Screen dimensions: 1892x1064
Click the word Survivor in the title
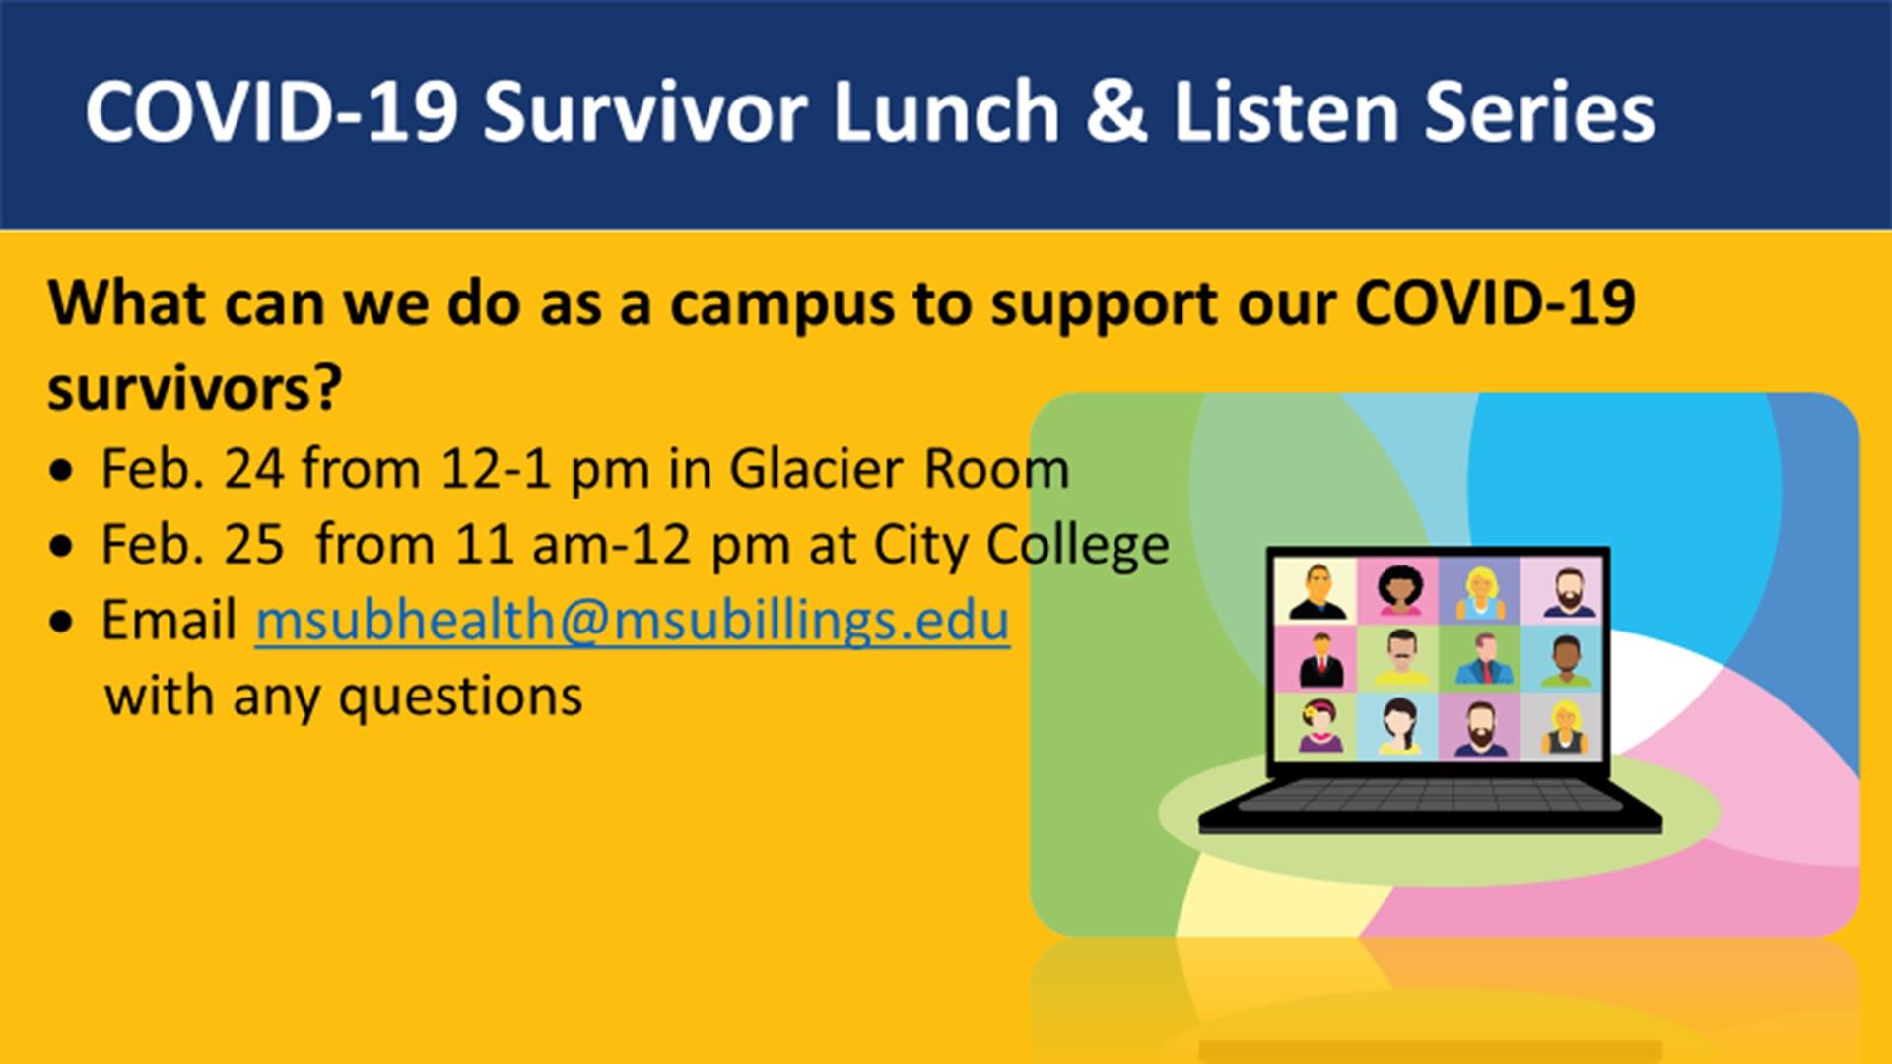tap(645, 111)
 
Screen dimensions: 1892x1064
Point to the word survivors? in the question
tap(194, 389)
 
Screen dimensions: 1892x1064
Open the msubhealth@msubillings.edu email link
tap(633, 621)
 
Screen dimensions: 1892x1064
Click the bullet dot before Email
tap(61, 623)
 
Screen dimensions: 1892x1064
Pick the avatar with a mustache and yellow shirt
tap(1398, 659)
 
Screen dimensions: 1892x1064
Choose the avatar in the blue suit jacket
tap(1479, 659)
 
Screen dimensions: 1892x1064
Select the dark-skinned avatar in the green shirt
tap(1562, 659)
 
